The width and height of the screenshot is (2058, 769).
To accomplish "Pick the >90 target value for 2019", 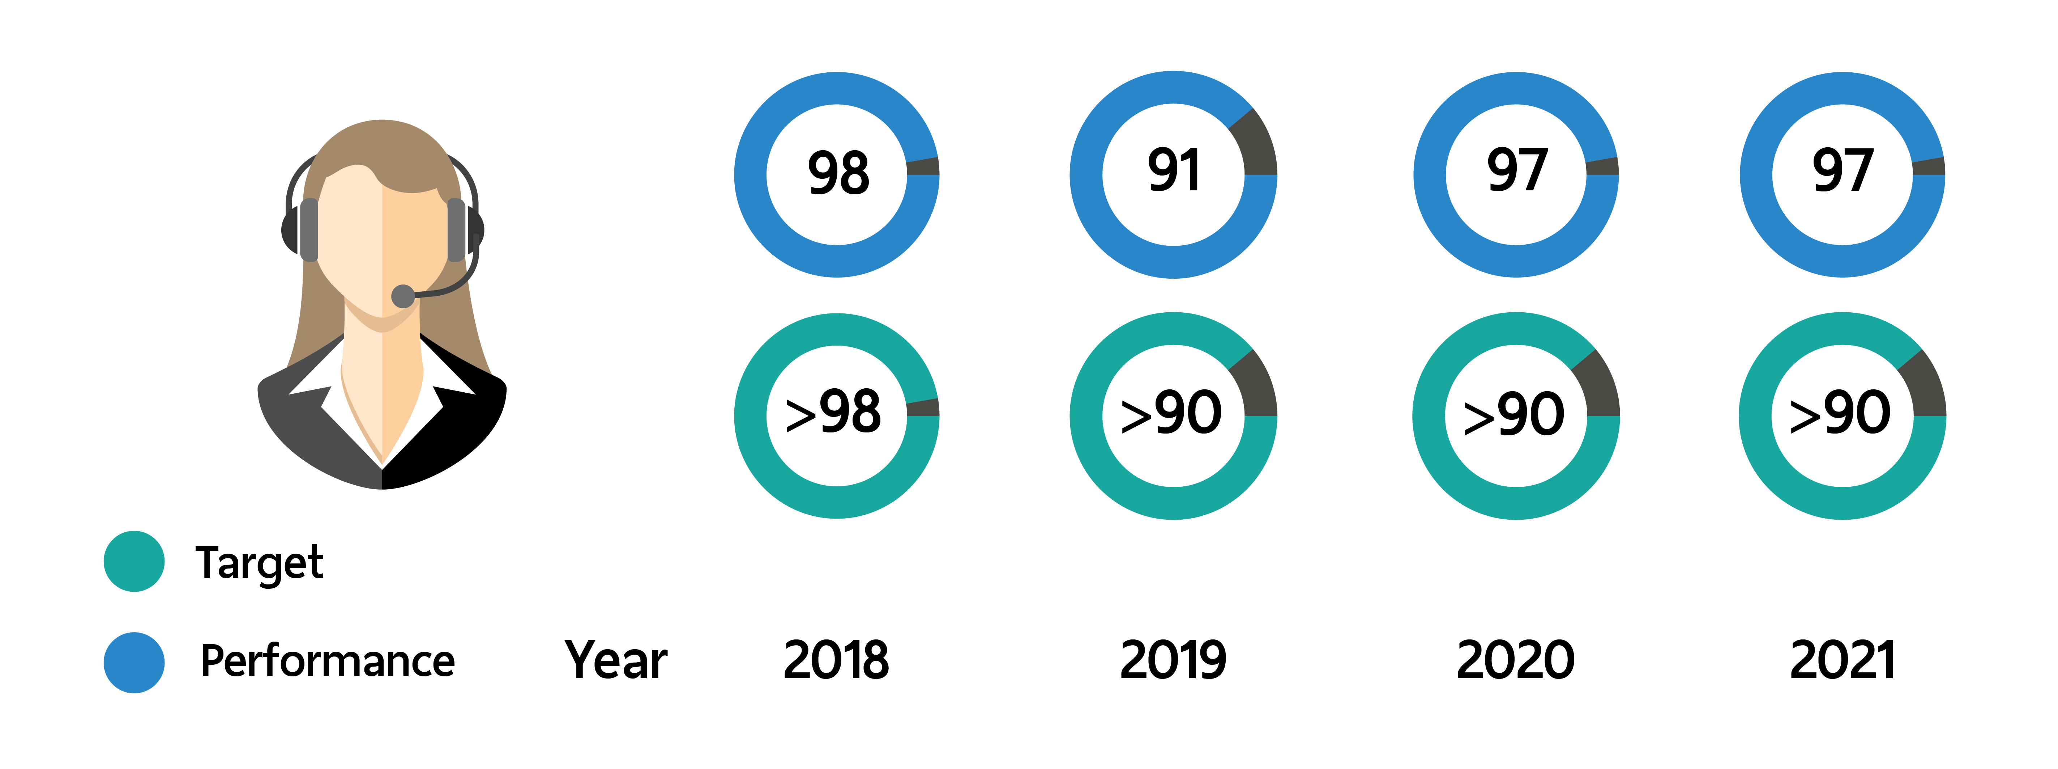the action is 1171,413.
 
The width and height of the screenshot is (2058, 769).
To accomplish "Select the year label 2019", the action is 1173,660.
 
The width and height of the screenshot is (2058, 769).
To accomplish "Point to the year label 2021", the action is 1842,660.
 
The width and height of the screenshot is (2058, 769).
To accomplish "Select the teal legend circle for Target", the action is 134,561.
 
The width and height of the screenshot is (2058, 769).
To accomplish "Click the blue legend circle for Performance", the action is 134,663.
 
